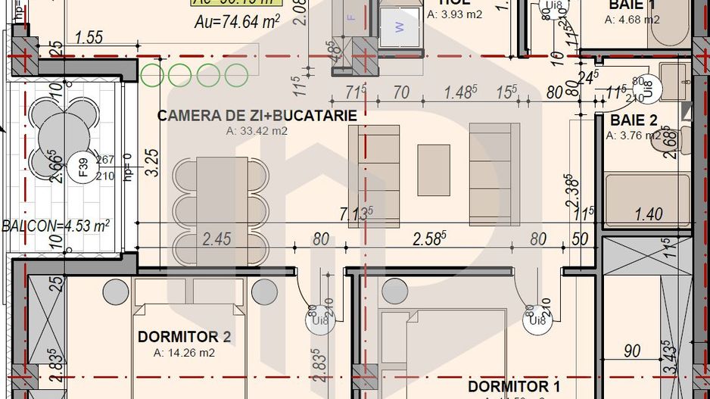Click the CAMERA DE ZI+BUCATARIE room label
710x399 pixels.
coord(257,115)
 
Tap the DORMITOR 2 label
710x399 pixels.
coord(184,337)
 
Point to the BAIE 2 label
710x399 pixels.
coord(634,120)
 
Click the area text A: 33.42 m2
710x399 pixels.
coord(257,131)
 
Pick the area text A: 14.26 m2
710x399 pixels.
coord(184,353)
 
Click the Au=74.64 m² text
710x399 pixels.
coord(237,22)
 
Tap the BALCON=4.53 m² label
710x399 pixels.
coord(56,225)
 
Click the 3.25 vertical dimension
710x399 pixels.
coord(151,162)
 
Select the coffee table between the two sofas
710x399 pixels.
coord(434,170)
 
